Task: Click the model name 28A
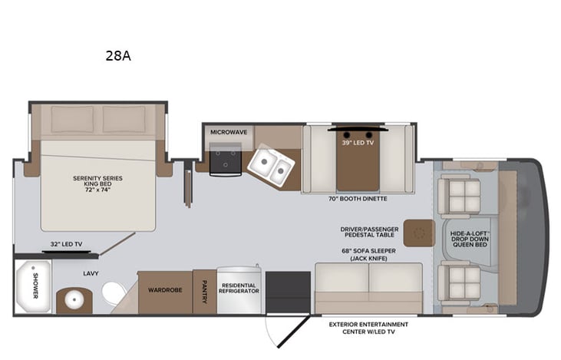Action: click(122, 55)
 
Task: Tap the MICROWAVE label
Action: click(229, 132)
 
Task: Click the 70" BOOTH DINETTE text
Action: click(358, 199)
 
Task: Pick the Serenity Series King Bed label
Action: click(97, 183)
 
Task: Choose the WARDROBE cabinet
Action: click(164, 292)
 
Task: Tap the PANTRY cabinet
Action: click(204, 292)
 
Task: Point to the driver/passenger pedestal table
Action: click(418, 232)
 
